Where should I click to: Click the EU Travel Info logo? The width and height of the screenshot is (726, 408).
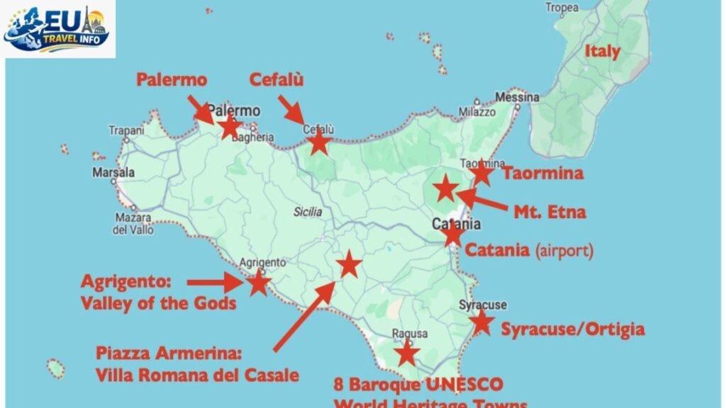pyautogui.click(x=58, y=29)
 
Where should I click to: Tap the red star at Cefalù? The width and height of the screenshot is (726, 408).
pyautogui.click(x=319, y=143)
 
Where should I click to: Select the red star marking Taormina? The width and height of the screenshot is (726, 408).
pyautogui.click(x=481, y=172)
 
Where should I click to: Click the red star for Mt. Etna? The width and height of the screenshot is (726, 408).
pyautogui.click(x=446, y=188)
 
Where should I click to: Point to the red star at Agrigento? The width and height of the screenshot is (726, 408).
pyautogui.click(x=258, y=283)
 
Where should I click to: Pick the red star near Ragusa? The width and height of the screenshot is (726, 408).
pyautogui.click(x=407, y=353)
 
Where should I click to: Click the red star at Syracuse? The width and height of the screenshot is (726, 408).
pyautogui.click(x=481, y=322)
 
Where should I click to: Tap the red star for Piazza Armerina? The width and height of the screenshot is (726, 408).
pyautogui.click(x=349, y=265)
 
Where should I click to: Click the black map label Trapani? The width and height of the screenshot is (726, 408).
pyautogui.click(x=126, y=130)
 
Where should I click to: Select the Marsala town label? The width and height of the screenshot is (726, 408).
pyautogui.click(x=113, y=172)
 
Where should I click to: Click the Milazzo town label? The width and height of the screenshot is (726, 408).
pyautogui.click(x=476, y=112)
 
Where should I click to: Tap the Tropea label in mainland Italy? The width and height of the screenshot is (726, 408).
pyautogui.click(x=562, y=8)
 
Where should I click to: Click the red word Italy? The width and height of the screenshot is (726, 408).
pyautogui.click(x=602, y=51)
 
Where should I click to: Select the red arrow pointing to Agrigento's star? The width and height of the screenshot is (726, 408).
pyautogui.click(x=215, y=283)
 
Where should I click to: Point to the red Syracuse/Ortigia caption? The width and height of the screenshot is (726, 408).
pyautogui.click(x=573, y=329)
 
